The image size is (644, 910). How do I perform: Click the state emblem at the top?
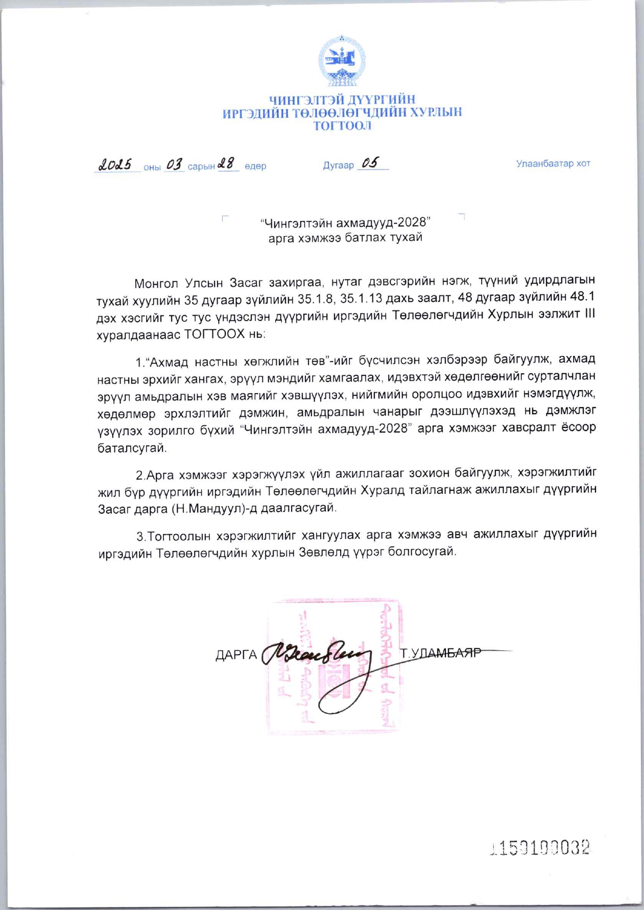(342, 60)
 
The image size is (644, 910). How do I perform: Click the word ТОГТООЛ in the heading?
(342, 126)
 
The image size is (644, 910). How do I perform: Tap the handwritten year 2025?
(115, 164)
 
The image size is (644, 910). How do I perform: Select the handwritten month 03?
(175, 164)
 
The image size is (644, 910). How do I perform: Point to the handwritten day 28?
(227, 163)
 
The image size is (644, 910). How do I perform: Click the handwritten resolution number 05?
(370, 163)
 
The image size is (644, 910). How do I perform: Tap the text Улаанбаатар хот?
(553, 163)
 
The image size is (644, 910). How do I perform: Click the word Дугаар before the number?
(338, 165)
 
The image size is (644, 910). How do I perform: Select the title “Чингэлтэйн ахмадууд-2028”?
(345, 223)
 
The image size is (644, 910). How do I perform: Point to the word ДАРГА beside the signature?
(236, 655)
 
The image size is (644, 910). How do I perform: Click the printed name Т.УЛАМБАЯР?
(441, 653)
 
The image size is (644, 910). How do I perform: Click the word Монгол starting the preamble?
(157, 282)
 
